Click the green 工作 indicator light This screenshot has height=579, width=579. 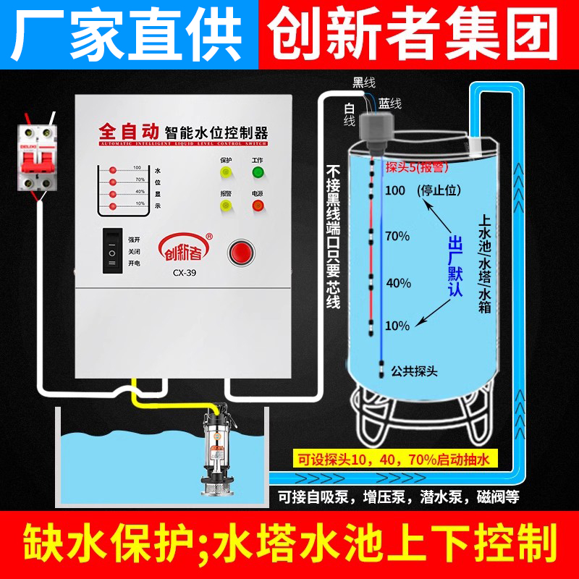point(258,172)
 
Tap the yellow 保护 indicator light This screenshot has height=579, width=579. point(226,172)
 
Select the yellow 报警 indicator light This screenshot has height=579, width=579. point(226,206)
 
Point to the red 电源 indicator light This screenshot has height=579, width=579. point(258,206)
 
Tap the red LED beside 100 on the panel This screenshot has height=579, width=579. point(113,169)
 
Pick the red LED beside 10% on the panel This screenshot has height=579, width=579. point(113,206)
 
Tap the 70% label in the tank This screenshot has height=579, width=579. point(397,236)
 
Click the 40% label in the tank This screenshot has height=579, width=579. point(397,282)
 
